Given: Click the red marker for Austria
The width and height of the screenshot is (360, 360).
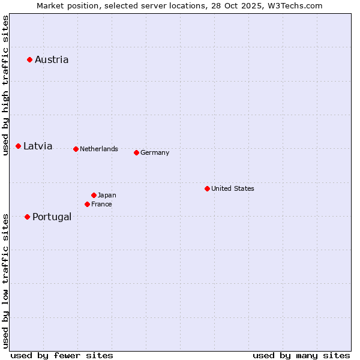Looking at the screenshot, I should [x=29, y=59].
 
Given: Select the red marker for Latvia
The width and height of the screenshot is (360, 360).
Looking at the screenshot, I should [x=19, y=146].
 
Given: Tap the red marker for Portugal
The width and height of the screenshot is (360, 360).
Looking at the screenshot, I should [x=28, y=217].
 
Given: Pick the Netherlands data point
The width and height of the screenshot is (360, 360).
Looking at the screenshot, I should [x=76, y=149].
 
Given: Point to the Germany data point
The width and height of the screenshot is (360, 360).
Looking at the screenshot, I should [x=136, y=152].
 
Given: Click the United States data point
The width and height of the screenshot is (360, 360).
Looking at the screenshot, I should [x=207, y=188].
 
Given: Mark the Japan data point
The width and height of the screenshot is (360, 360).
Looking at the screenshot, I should [x=94, y=195].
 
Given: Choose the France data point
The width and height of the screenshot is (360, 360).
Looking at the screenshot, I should [x=87, y=204].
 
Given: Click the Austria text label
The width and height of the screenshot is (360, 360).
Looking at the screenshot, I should [x=52, y=59].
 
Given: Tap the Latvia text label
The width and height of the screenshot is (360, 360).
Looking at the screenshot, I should [x=38, y=146].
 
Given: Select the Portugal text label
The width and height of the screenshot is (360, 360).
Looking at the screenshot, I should [x=52, y=217].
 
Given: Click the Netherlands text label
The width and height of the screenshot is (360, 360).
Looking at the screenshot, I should [x=99, y=149].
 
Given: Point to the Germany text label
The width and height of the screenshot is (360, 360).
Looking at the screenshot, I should [x=155, y=152].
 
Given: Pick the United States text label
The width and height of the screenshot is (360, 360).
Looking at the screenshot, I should [x=233, y=188].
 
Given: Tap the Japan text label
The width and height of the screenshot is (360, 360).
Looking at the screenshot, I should [x=107, y=195].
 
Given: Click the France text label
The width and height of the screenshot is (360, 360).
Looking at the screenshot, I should [x=101, y=204].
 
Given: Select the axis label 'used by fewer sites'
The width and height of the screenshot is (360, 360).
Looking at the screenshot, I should [x=62, y=355].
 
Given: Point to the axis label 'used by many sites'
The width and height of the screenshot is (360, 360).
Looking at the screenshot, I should [x=301, y=355].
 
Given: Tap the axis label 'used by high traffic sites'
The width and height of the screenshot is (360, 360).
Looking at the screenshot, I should [x=5, y=86].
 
